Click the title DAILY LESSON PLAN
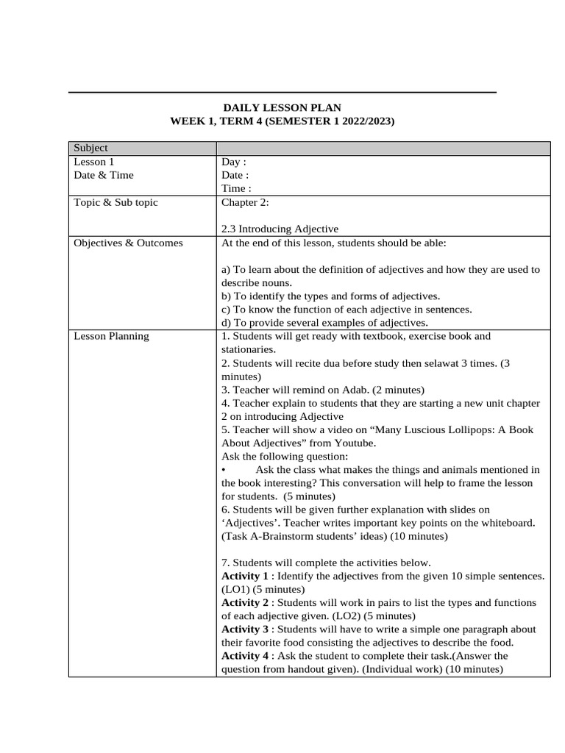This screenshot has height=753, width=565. coord(282,107)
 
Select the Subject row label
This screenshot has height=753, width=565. coord(91,149)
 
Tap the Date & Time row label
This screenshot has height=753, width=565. coord(104,175)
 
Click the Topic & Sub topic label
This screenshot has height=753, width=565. coord(116,202)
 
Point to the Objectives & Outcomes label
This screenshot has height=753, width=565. coord(128,243)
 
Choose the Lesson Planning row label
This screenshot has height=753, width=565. coord(111,336)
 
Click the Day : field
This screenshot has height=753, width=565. coord(234,162)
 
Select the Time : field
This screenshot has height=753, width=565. coord(236,188)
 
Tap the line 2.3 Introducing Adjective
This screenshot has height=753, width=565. coord(280,229)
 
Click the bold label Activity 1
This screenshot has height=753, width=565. coord(245,576)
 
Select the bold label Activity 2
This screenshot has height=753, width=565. coord(245,602)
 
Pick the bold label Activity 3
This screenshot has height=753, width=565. coord(245,629)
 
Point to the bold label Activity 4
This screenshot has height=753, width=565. coord(245,656)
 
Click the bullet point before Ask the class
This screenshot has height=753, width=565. coord(224,470)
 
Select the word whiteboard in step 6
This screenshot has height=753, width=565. coord(508,523)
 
